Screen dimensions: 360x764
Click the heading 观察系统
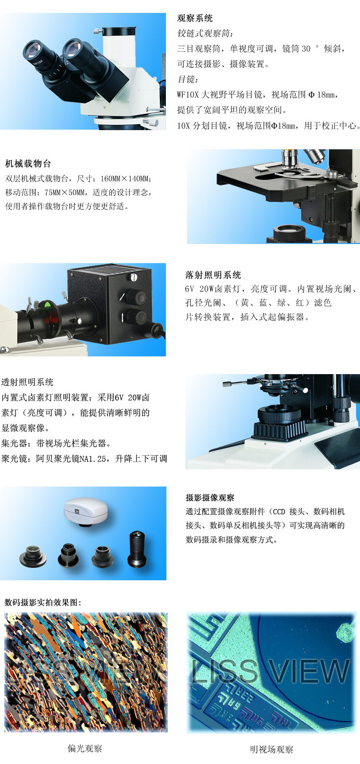(195, 18)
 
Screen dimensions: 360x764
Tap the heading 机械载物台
(28, 164)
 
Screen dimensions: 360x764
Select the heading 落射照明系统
(213, 275)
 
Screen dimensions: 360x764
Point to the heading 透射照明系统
(27, 382)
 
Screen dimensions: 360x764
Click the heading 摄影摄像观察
(210, 498)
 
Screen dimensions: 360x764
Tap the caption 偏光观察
(85, 748)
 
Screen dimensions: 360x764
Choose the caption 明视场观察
(272, 749)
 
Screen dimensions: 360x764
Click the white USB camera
(86, 511)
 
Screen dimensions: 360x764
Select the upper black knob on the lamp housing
(136, 298)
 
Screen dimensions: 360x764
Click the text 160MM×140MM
(125, 178)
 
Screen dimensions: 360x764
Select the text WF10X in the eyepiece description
(187, 94)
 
